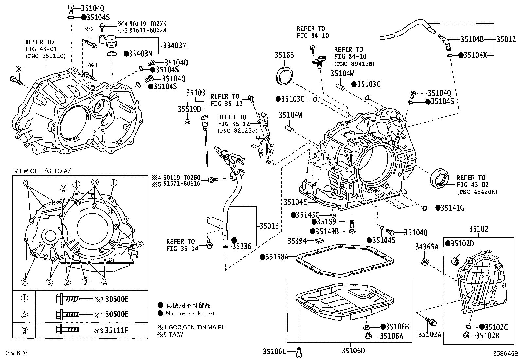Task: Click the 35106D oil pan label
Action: (353, 351)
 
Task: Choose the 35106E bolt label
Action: (274, 351)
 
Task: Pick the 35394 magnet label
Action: (297, 241)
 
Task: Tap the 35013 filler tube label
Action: (269, 226)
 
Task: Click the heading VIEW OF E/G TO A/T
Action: (45, 171)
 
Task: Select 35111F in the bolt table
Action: (117, 330)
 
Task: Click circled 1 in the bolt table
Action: (25, 298)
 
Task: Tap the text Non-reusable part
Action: (190, 313)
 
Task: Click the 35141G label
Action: (452, 208)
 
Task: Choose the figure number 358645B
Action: (506, 353)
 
